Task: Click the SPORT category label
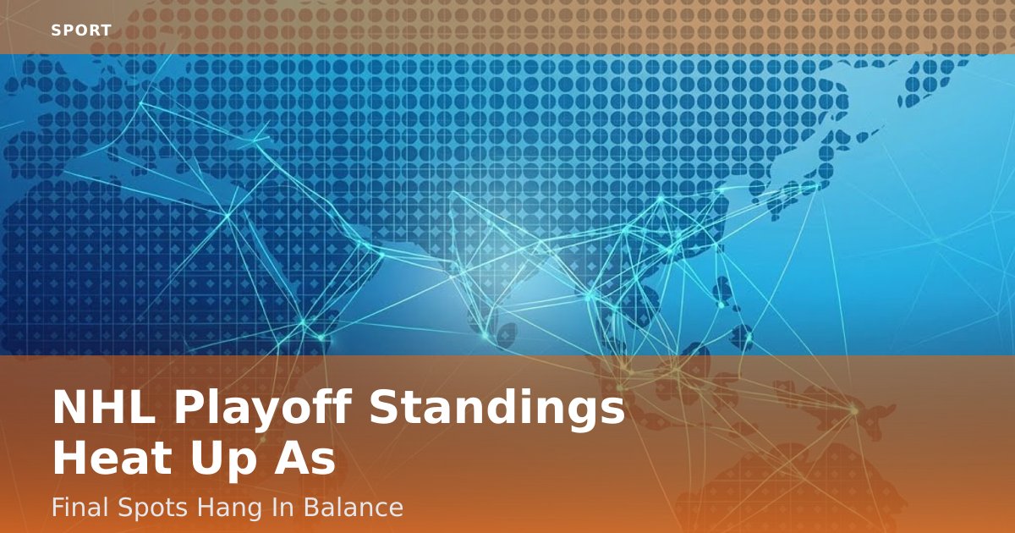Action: [x=81, y=30]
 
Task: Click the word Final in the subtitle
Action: [x=76, y=508]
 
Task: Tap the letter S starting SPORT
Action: [x=56, y=30]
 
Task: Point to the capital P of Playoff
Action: [x=191, y=409]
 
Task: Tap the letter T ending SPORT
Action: [x=107, y=30]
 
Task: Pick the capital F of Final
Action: [x=57, y=508]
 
